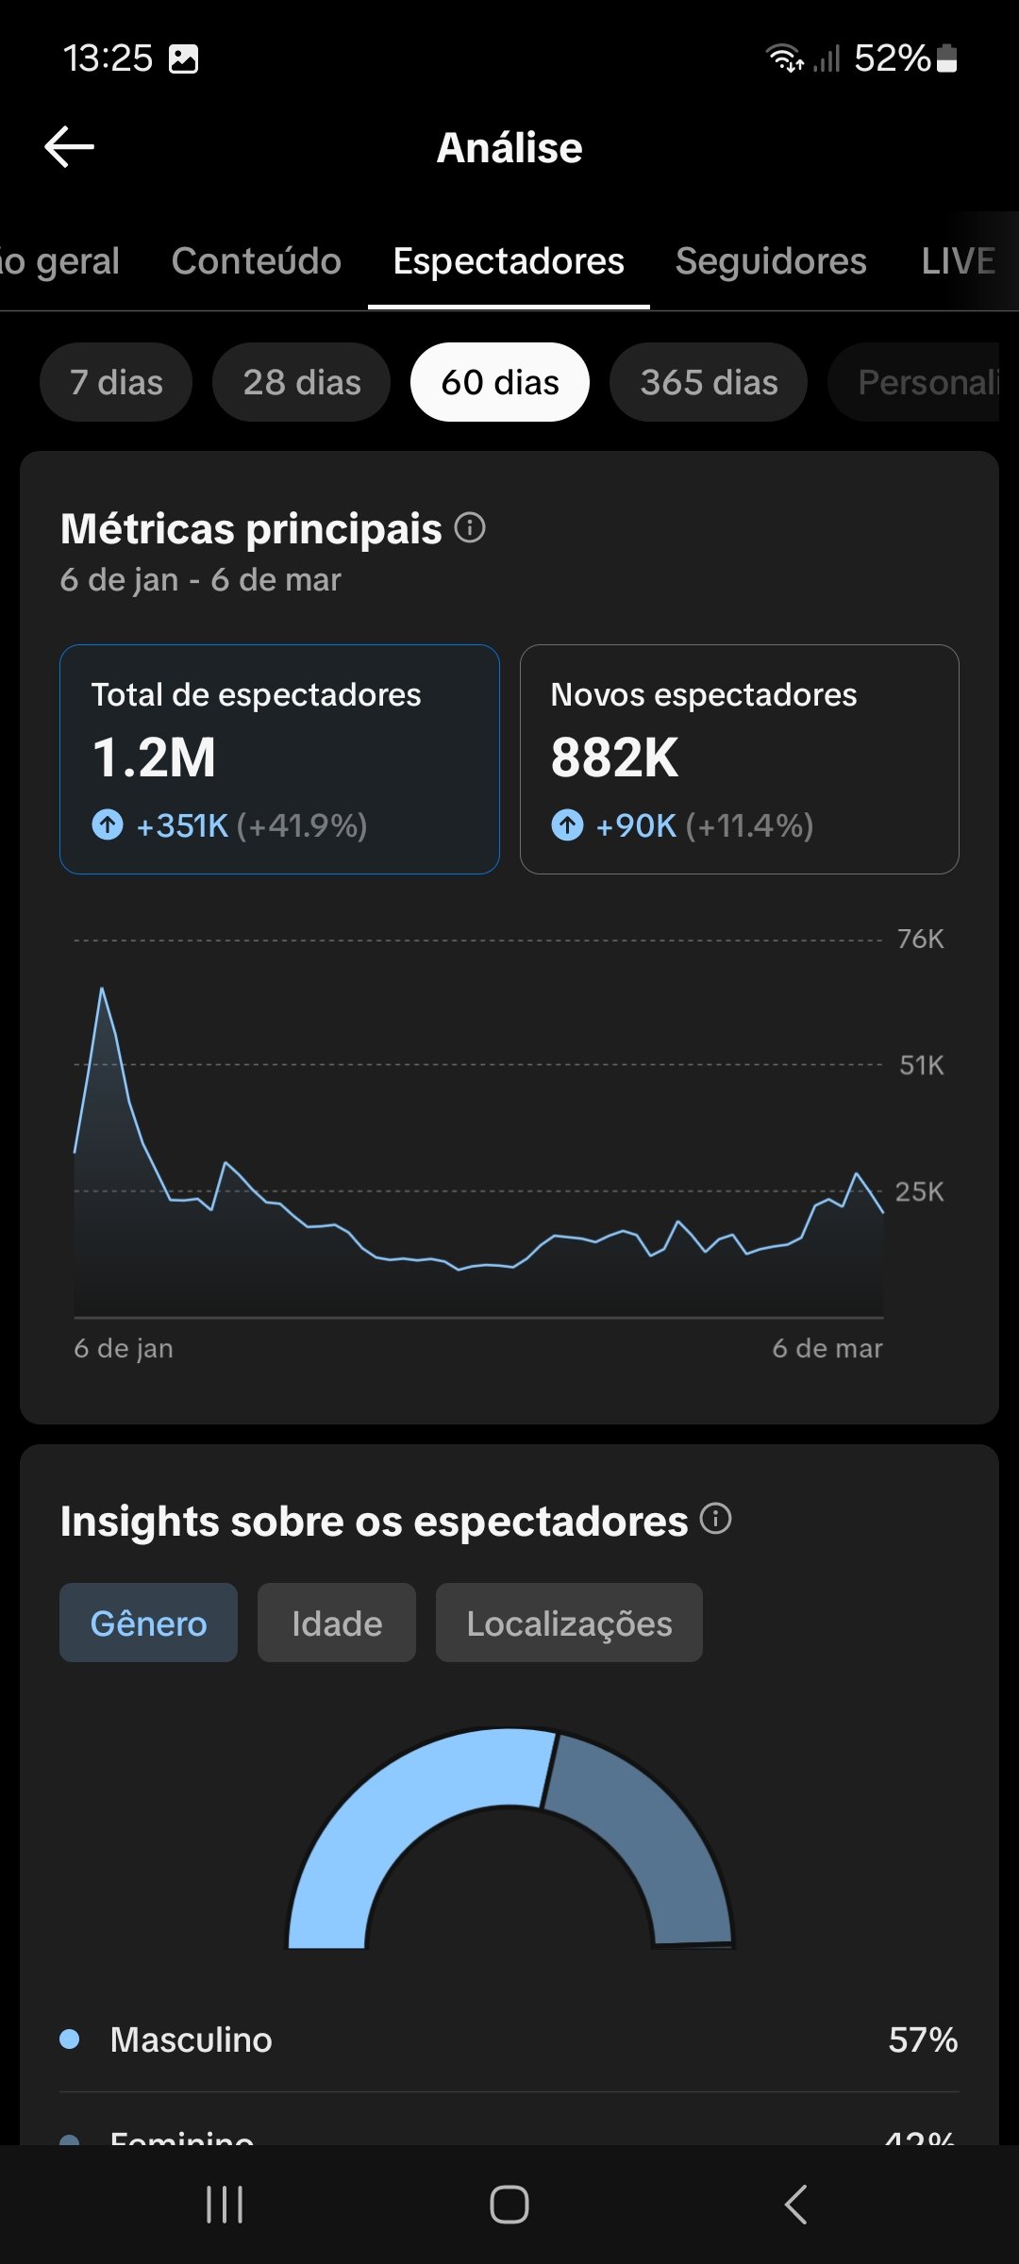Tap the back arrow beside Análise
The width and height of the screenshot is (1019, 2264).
(70, 147)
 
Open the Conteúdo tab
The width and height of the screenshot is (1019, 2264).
(256, 261)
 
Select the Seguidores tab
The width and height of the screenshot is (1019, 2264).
(771, 261)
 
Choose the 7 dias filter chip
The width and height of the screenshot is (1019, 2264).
(116, 382)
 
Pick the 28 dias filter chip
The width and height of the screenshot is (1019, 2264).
(302, 382)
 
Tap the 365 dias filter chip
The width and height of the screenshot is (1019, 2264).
(709, 382)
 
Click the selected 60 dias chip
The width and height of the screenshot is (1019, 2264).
(500, 382)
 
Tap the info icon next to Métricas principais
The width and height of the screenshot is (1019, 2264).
(470, 527)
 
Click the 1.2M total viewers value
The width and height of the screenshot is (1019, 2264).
(155, 757)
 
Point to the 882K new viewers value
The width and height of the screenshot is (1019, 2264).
(614, 757)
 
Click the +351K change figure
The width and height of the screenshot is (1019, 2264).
(183, 825)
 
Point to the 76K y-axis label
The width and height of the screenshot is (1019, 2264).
(920, 940)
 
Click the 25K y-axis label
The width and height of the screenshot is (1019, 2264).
(919, 1191)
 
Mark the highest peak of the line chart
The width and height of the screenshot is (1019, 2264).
(102, 990)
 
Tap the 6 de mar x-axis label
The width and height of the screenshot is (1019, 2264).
(827, 1349)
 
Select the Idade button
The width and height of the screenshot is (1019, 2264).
(337, 1623)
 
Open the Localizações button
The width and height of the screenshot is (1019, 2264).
(569, 1623)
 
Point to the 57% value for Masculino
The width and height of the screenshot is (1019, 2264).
(923, 2040)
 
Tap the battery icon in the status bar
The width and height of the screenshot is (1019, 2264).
(947, 58)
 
